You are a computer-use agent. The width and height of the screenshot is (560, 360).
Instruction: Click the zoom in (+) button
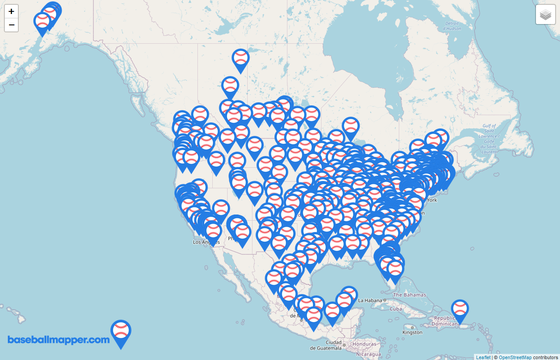(x=11, y=11)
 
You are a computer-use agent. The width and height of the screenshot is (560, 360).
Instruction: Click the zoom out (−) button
(x=11, y=25)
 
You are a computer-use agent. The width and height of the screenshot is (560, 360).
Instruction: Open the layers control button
(x=545, y=15)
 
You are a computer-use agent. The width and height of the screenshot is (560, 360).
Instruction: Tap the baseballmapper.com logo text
(x=59, y=340)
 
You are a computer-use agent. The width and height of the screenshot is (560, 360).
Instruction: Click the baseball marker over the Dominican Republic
(x=460, y=309)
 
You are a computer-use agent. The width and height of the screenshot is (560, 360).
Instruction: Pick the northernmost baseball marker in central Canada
(x=241, y=58)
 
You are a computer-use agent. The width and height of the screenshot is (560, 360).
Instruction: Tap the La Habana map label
(x=370, y=301)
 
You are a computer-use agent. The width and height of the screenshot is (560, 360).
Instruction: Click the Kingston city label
(x=413, y=332)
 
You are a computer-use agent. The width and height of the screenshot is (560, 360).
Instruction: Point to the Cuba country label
(x=395, y=309)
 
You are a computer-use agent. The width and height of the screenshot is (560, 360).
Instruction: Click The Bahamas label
(x=409, y=295)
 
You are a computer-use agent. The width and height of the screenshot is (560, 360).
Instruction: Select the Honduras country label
(x=364, y=344)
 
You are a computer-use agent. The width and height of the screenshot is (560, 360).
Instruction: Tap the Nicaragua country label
(x=368, y=354)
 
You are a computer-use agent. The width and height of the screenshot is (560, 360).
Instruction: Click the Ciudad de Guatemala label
(x=326, y=345)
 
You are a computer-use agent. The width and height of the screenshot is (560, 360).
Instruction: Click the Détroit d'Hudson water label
(x=452, y=26)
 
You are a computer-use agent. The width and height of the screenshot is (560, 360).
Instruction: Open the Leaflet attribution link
(x=483, y=357)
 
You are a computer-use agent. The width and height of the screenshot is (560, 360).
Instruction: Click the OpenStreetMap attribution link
(x=515, y=357)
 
